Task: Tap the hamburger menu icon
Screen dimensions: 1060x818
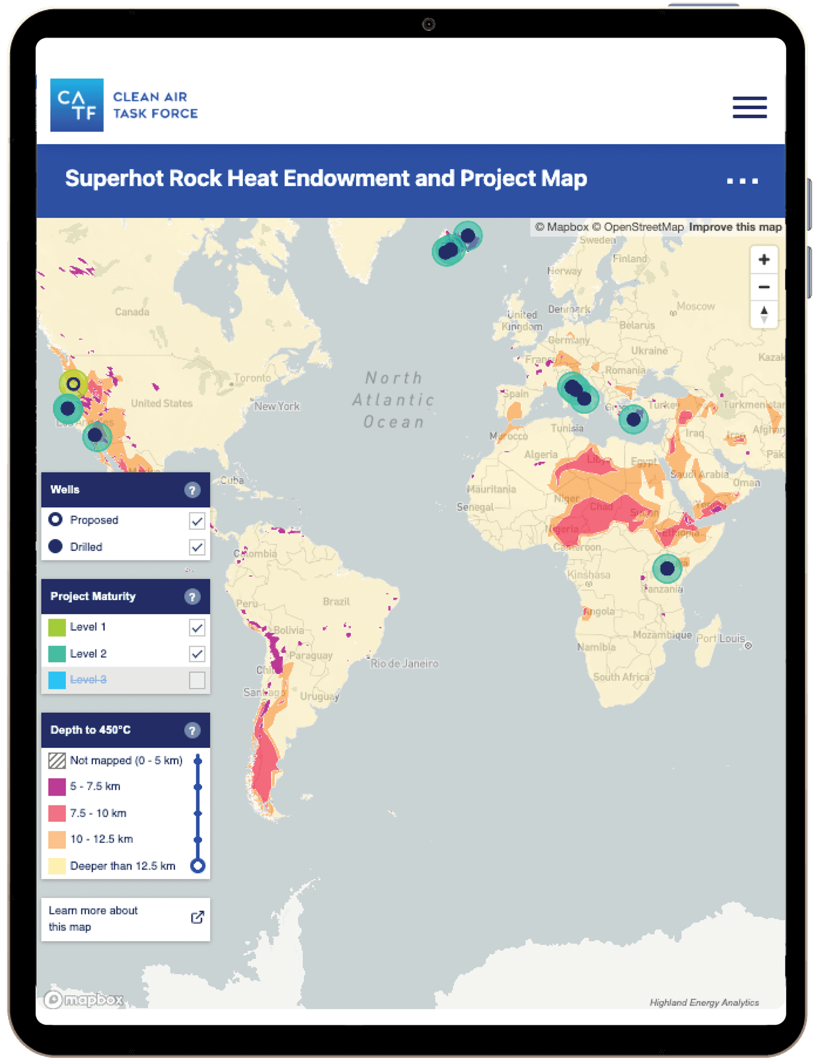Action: coord(749,107)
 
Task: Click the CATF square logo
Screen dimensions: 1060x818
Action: coord(77,105)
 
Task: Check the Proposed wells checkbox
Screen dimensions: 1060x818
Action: coord(197,521)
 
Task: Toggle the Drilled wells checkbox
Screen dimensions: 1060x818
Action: coord(197,547)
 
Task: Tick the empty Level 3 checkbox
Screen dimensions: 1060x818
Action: coord(197,680)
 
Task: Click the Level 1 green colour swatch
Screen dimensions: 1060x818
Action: coord(57,627)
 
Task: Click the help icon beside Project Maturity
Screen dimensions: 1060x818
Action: coord(192,597)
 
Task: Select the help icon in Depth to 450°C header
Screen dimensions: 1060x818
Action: coord(192,730)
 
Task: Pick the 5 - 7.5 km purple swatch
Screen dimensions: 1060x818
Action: coord(57,787)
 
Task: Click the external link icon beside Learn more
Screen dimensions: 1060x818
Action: coord(197,918)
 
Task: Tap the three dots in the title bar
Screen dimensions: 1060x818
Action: coord(742,181)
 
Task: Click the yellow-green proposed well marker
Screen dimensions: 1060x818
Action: coord(74,384)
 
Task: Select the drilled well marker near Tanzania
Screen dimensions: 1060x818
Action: coord(667,568)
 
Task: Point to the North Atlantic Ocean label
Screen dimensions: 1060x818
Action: coord(393,400)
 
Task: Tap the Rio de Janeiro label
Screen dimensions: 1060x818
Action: coord(404,664)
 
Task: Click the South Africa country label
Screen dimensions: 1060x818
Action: coord(621,677)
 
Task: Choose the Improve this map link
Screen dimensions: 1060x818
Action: coord(735,227)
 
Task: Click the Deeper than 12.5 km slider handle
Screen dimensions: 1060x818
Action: coord(198,866)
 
